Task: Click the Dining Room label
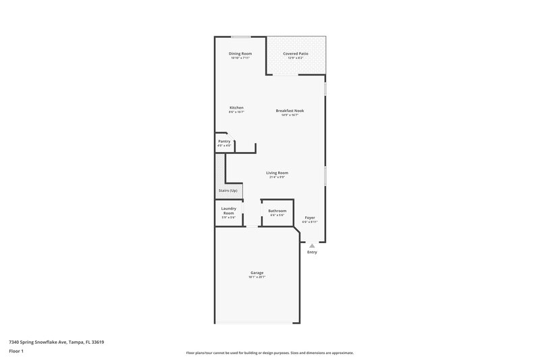pyautogui.click(x=240, y=53)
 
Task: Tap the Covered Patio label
pyautogui.click(x=296, y=53)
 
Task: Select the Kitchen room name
pyautogui.click(x=236, y=108)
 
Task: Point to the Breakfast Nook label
pyautogui.click(x=290, y=110)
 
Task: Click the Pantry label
pyautogui.click(x=224, y=141)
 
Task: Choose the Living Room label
pyautogui.click(x=277, y=173)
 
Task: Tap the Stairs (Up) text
pyautogui.click(x=228, y=190)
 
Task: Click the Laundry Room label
pyautogui.click(x=228, y=211)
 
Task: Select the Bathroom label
pyautogui.click(x=277, y=211)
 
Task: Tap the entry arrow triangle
pyautogui.click(x=312, y=247)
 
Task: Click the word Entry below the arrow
pyautogui.click(x=312, y=253)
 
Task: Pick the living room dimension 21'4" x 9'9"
pyautogui.click(x=277, y=178)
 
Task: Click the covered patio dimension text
pyautogui.click(x=296, y=58)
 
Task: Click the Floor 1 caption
pyautogui.click(x=17, y=351)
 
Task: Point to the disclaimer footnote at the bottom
pyautogui.click(x=269, y=353)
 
